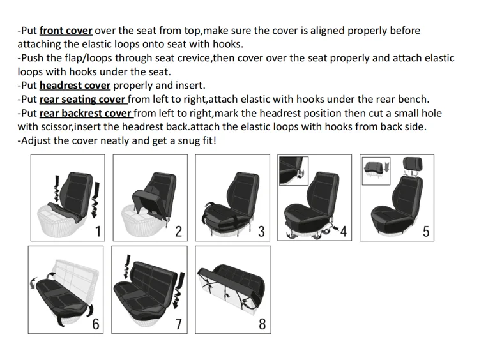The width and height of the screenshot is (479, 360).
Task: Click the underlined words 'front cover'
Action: pyautogui.click(x=66, y=31)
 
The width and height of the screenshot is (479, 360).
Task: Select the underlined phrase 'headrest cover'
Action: pyautogui.click(x=75, y=86)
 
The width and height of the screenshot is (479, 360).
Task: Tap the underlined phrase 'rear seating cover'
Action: pyautogui.click(x=83, y=100)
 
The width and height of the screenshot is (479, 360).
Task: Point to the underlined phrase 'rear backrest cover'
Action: pyautogui.click(x=86, y=114)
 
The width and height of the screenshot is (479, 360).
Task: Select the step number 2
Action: pyautogui.click(x=179, y=231)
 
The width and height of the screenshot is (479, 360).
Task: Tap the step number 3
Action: pyautogui.click(x=261, y=231)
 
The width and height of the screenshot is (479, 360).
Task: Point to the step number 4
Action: pyautogui.click(x=343, y=231)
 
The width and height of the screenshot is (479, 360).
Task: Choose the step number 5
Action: pyautogui.click(x=426, y=231)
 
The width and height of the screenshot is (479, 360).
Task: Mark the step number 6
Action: pyautogui.click(x=96, y=324)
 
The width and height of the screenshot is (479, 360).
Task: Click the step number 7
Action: pyautogui.click(x=179, y=324)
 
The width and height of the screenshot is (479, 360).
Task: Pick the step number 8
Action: pyautogui.click(x=262, y=324)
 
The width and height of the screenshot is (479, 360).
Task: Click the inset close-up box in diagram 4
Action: pyautogui.click(x=294, y=170)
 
